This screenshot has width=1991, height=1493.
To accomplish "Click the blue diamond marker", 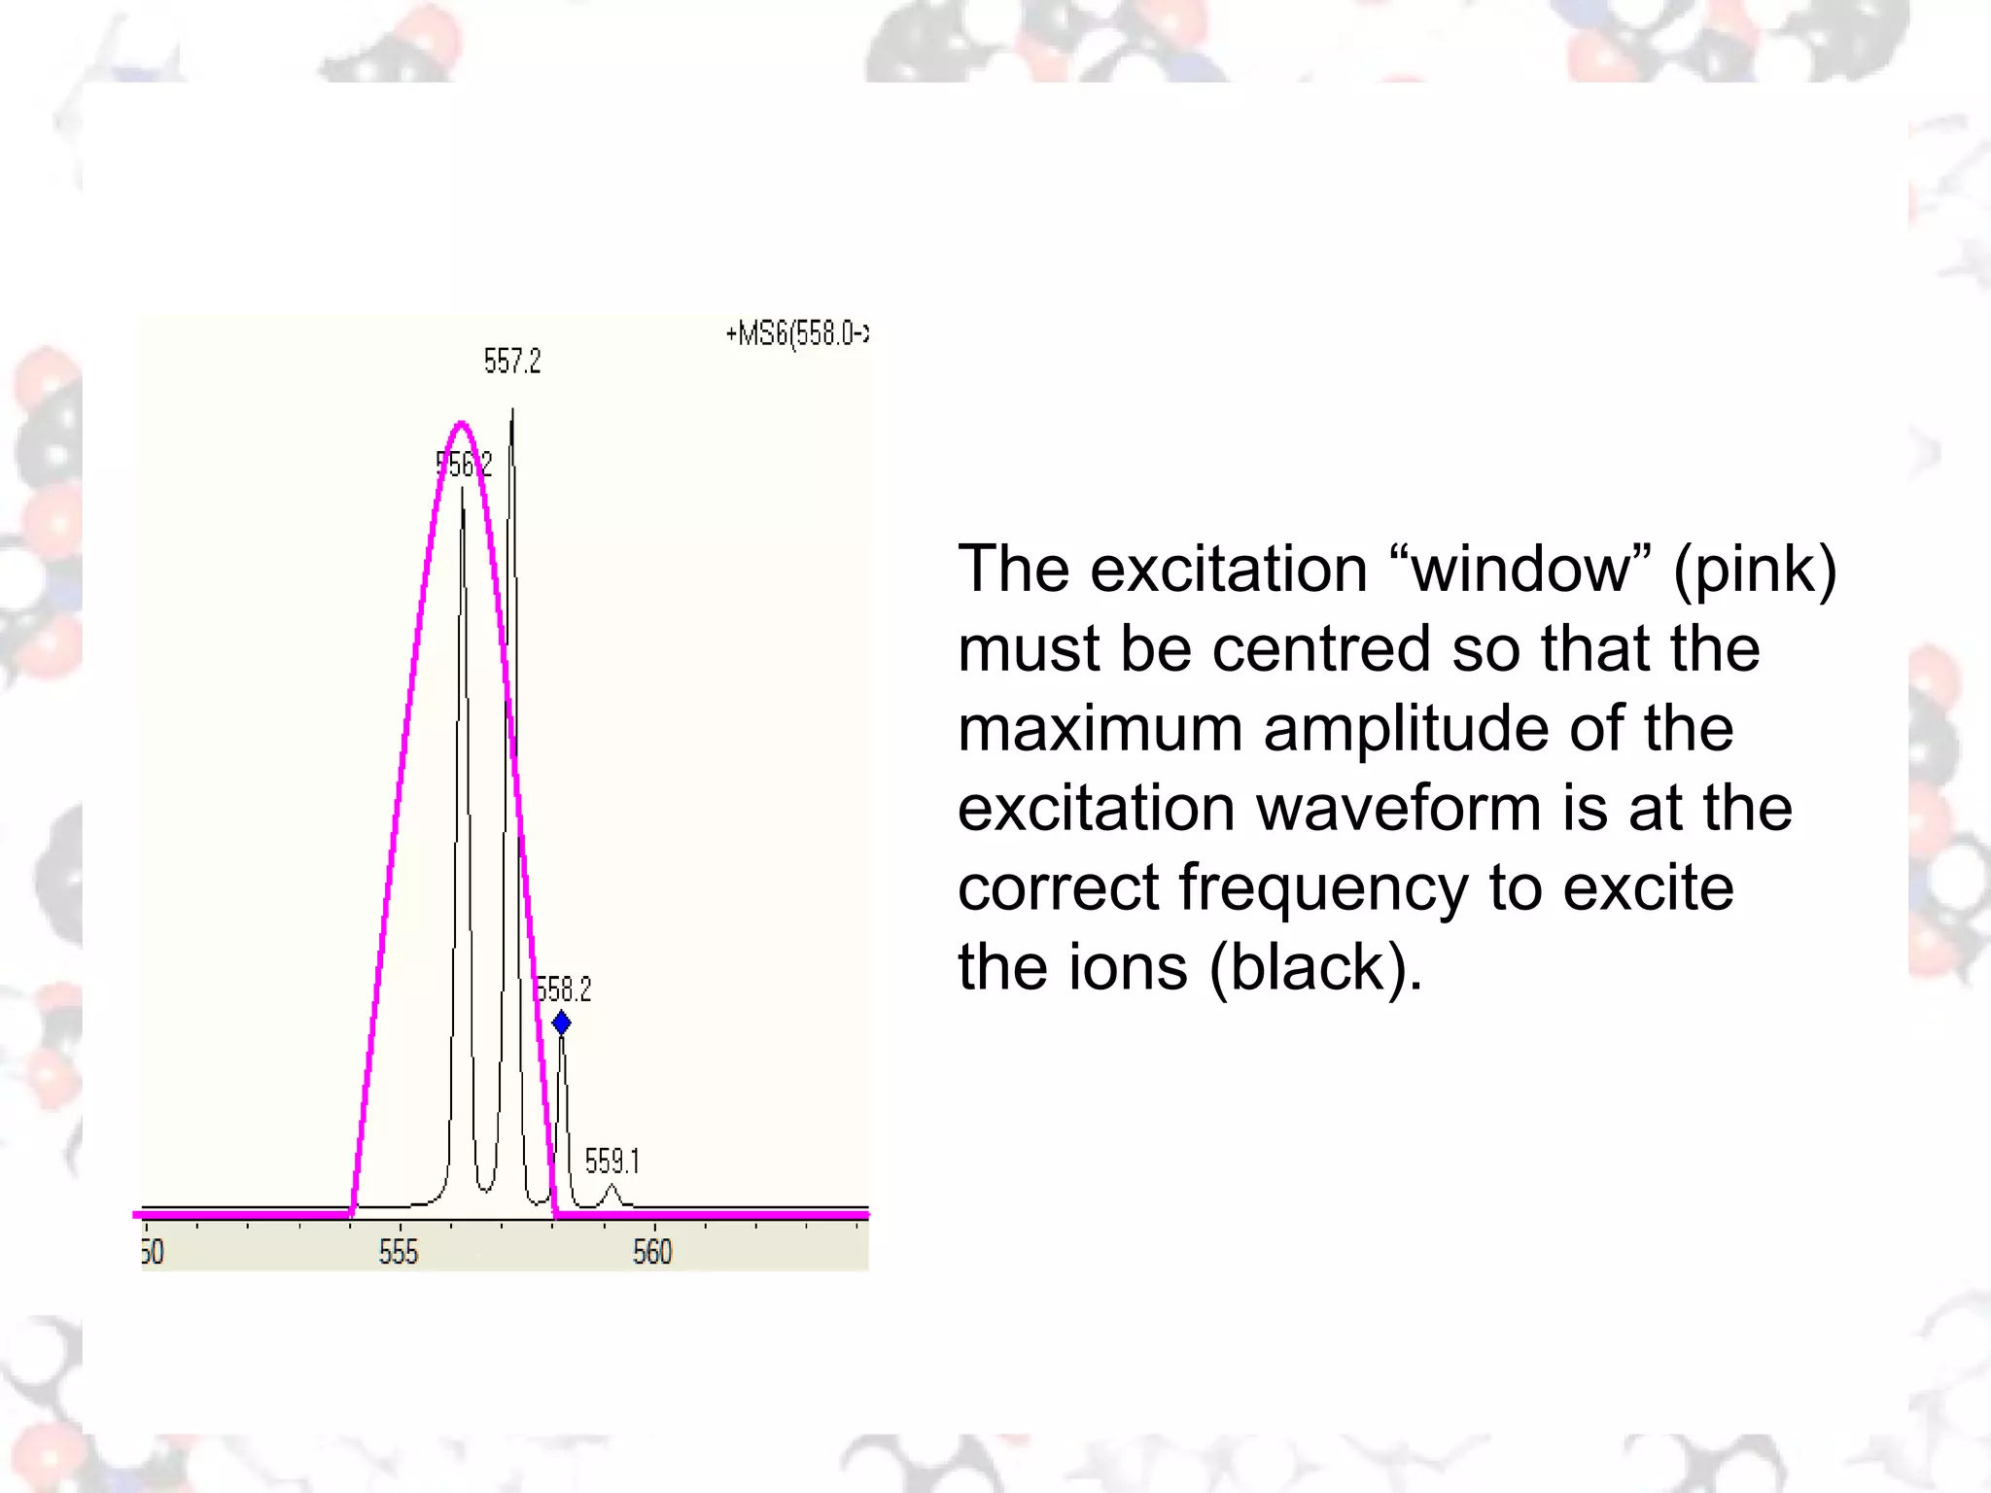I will tap(561, 1023).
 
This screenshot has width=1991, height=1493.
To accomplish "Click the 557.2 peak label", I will tap(512, 362).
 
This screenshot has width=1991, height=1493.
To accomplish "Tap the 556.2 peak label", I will tap(465, 465).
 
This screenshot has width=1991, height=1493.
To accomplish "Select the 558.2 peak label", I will tap(564, 990).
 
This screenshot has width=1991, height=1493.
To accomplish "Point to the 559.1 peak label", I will tap(611, 1161).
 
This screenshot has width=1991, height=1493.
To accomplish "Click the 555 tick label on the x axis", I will tap(399, 1252).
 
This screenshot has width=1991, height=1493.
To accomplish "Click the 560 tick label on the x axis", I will tap(652, 1252).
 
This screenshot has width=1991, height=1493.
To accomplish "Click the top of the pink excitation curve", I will tap(462, 424).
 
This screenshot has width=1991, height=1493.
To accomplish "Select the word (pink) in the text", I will tap(1755, 571).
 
